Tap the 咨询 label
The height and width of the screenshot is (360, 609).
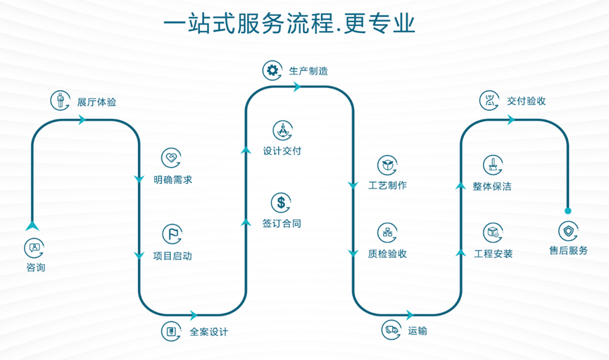click(x=35, y=268)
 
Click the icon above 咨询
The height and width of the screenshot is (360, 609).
click(x=34, y=248)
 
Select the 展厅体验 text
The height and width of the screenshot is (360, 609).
click(x=96, y=102)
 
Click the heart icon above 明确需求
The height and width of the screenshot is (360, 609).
click(x=171, y=158)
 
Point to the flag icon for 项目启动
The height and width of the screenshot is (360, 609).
click(x=171, y=234)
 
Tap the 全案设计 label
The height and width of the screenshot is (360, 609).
click(x=208, y=332)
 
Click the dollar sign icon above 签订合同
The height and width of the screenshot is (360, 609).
click(x=282, y=203)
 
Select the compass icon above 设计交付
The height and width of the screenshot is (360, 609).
click(x=282, y=130)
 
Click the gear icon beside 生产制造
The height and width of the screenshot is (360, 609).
click(x=272, y=70)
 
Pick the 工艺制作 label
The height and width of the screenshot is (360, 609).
click(x=387, y=185)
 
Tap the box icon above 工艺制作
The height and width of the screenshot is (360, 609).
click(x=387, y=165)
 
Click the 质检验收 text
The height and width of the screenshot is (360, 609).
click(x=387, y=254)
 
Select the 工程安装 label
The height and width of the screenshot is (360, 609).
click(x=494, y=254)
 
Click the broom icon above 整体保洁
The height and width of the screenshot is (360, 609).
click(x=492, y=165)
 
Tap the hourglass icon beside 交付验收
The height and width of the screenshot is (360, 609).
click(x=489, y=100)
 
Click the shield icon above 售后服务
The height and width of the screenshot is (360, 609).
click(x=567, y=230)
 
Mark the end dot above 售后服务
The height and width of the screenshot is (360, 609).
click(x=567, y=210)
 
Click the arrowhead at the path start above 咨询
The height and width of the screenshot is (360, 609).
click(x=32, y=226)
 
